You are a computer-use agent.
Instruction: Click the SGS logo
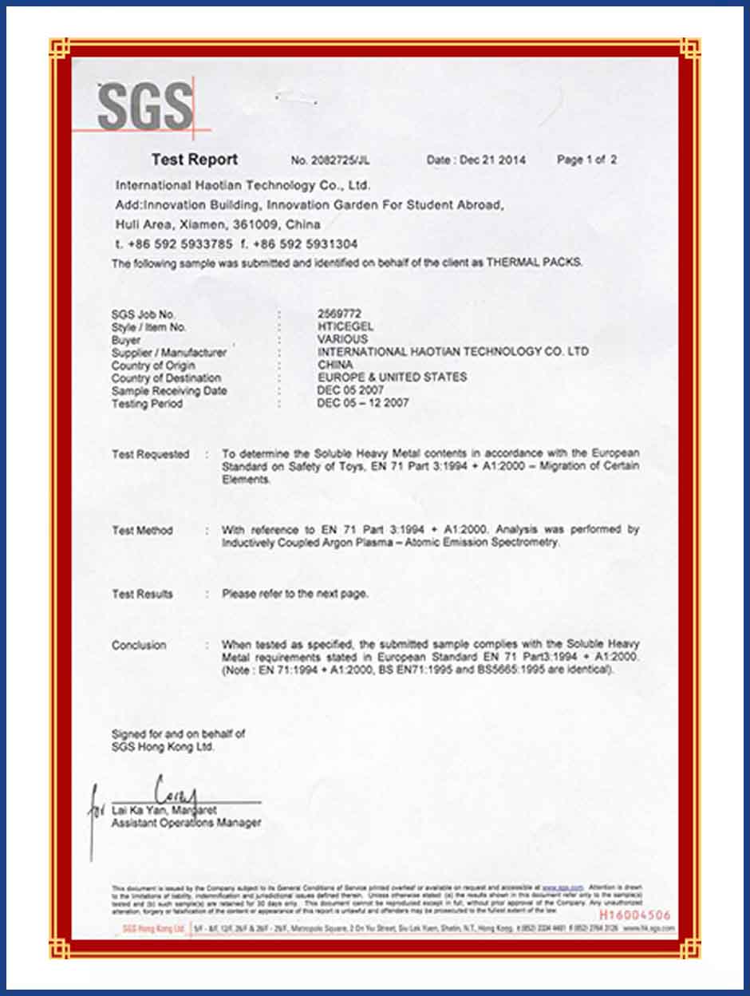point(144,108)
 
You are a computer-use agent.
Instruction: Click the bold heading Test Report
point(195,160)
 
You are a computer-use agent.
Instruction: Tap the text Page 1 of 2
point(586,160)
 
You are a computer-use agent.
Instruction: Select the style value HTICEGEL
point(345,326)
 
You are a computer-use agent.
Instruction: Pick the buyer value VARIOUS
point(342,339)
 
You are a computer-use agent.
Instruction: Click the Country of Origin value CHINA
point(335,365)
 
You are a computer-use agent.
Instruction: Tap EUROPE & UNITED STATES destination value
point(392,377)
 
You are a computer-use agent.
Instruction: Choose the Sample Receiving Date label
point(169,391)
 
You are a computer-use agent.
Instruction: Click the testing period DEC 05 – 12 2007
point(363,403)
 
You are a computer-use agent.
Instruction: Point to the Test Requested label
point(150,454)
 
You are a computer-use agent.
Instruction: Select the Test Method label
point(142,531)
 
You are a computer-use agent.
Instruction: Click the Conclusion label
point(139,645)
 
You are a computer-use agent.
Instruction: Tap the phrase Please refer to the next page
point(295,594)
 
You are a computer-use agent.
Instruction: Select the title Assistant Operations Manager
point(186,823)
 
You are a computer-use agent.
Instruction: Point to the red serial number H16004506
point(634,915)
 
